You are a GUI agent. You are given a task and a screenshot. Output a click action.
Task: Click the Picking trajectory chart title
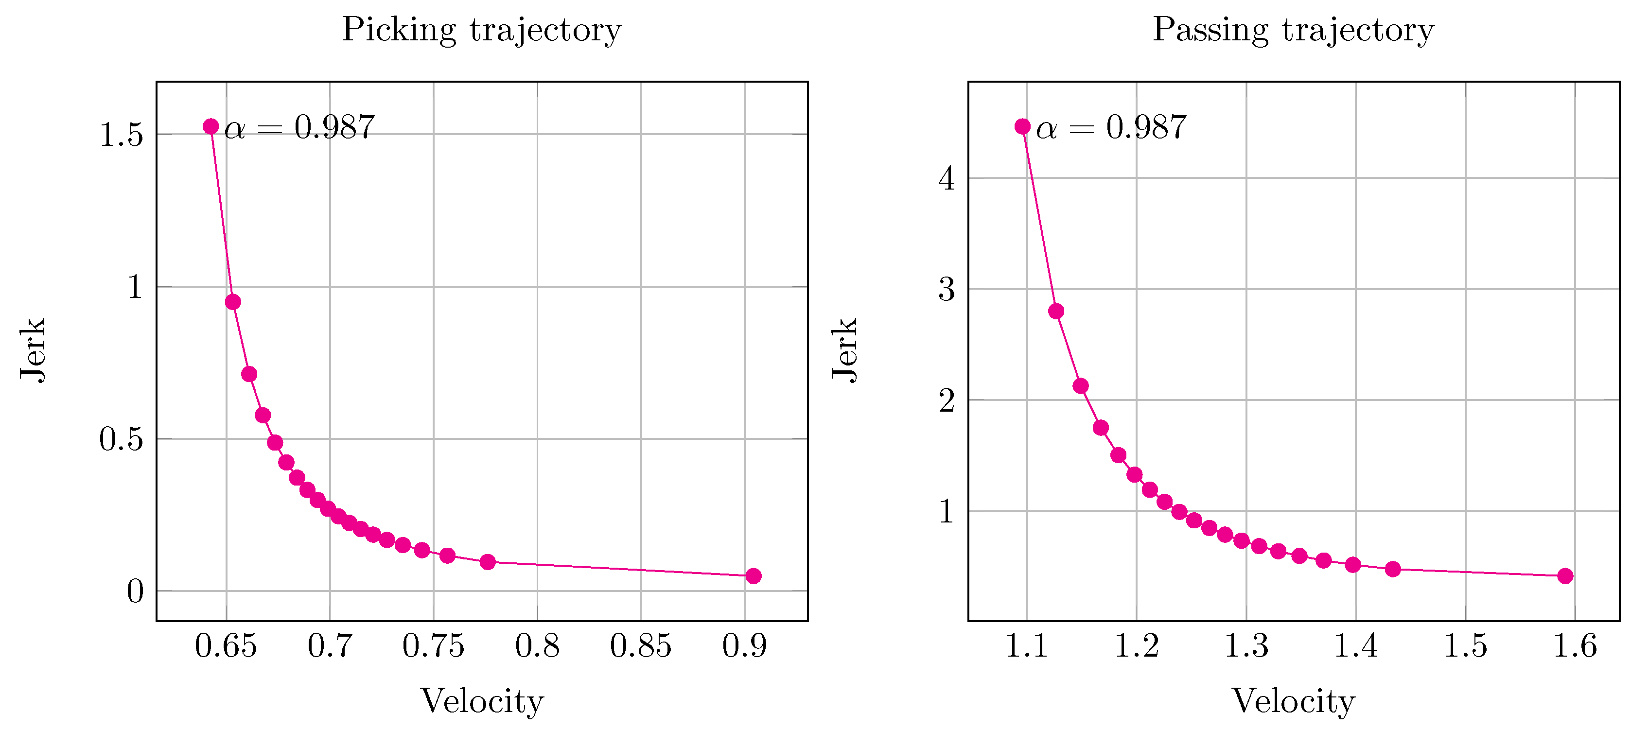[x=481, y=30]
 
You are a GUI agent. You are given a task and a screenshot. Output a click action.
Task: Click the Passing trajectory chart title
[x=1293, y=30]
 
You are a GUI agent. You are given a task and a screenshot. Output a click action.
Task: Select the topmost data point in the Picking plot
[x=211, y=127]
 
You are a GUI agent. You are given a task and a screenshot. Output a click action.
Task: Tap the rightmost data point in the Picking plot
[x=753, y=575]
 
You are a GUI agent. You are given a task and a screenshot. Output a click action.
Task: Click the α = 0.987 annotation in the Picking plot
[x=299, y=127]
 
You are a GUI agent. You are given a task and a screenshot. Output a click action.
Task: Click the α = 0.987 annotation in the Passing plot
[x=1111, y=127]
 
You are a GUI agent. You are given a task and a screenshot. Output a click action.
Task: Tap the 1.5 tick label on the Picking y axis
[x=121, y=135]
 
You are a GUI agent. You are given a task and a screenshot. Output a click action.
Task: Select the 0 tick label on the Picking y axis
[x=135, y=591]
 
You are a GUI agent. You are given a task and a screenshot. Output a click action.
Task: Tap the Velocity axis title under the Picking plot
[x=482, y=701]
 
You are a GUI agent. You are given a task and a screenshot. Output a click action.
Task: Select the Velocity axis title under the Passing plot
[x=1293, y=701]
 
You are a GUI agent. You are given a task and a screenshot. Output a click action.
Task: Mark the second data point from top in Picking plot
[x=233, y=302]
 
